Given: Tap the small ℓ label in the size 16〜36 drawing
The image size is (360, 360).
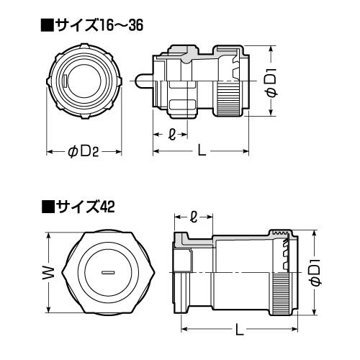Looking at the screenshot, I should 170,134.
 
